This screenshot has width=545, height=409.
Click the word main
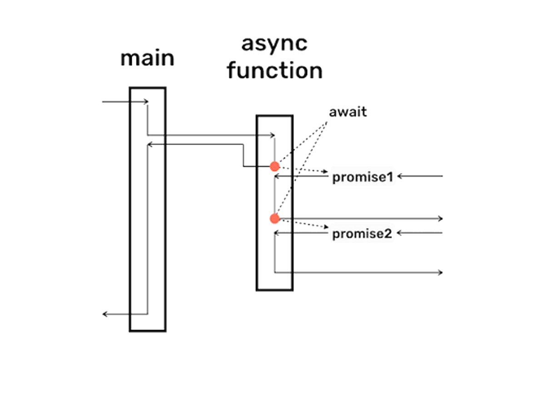147,59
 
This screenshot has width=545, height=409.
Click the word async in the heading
274,44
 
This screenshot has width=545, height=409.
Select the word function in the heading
275,70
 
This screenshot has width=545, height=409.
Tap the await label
347,112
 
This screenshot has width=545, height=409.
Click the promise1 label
362,177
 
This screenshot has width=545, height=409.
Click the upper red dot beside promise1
274,166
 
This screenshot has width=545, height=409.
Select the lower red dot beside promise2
274,219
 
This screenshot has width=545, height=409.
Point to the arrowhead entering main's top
146,102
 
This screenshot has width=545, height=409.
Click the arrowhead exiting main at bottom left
104,314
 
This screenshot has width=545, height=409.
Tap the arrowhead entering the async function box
272,135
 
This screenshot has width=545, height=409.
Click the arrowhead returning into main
150,145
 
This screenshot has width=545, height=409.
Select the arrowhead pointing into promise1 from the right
400,176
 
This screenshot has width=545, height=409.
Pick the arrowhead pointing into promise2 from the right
400,234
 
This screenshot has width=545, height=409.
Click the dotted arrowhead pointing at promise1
325,172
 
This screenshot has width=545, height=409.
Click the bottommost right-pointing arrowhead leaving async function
440,272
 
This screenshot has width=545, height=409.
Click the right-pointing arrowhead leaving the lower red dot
440,219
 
